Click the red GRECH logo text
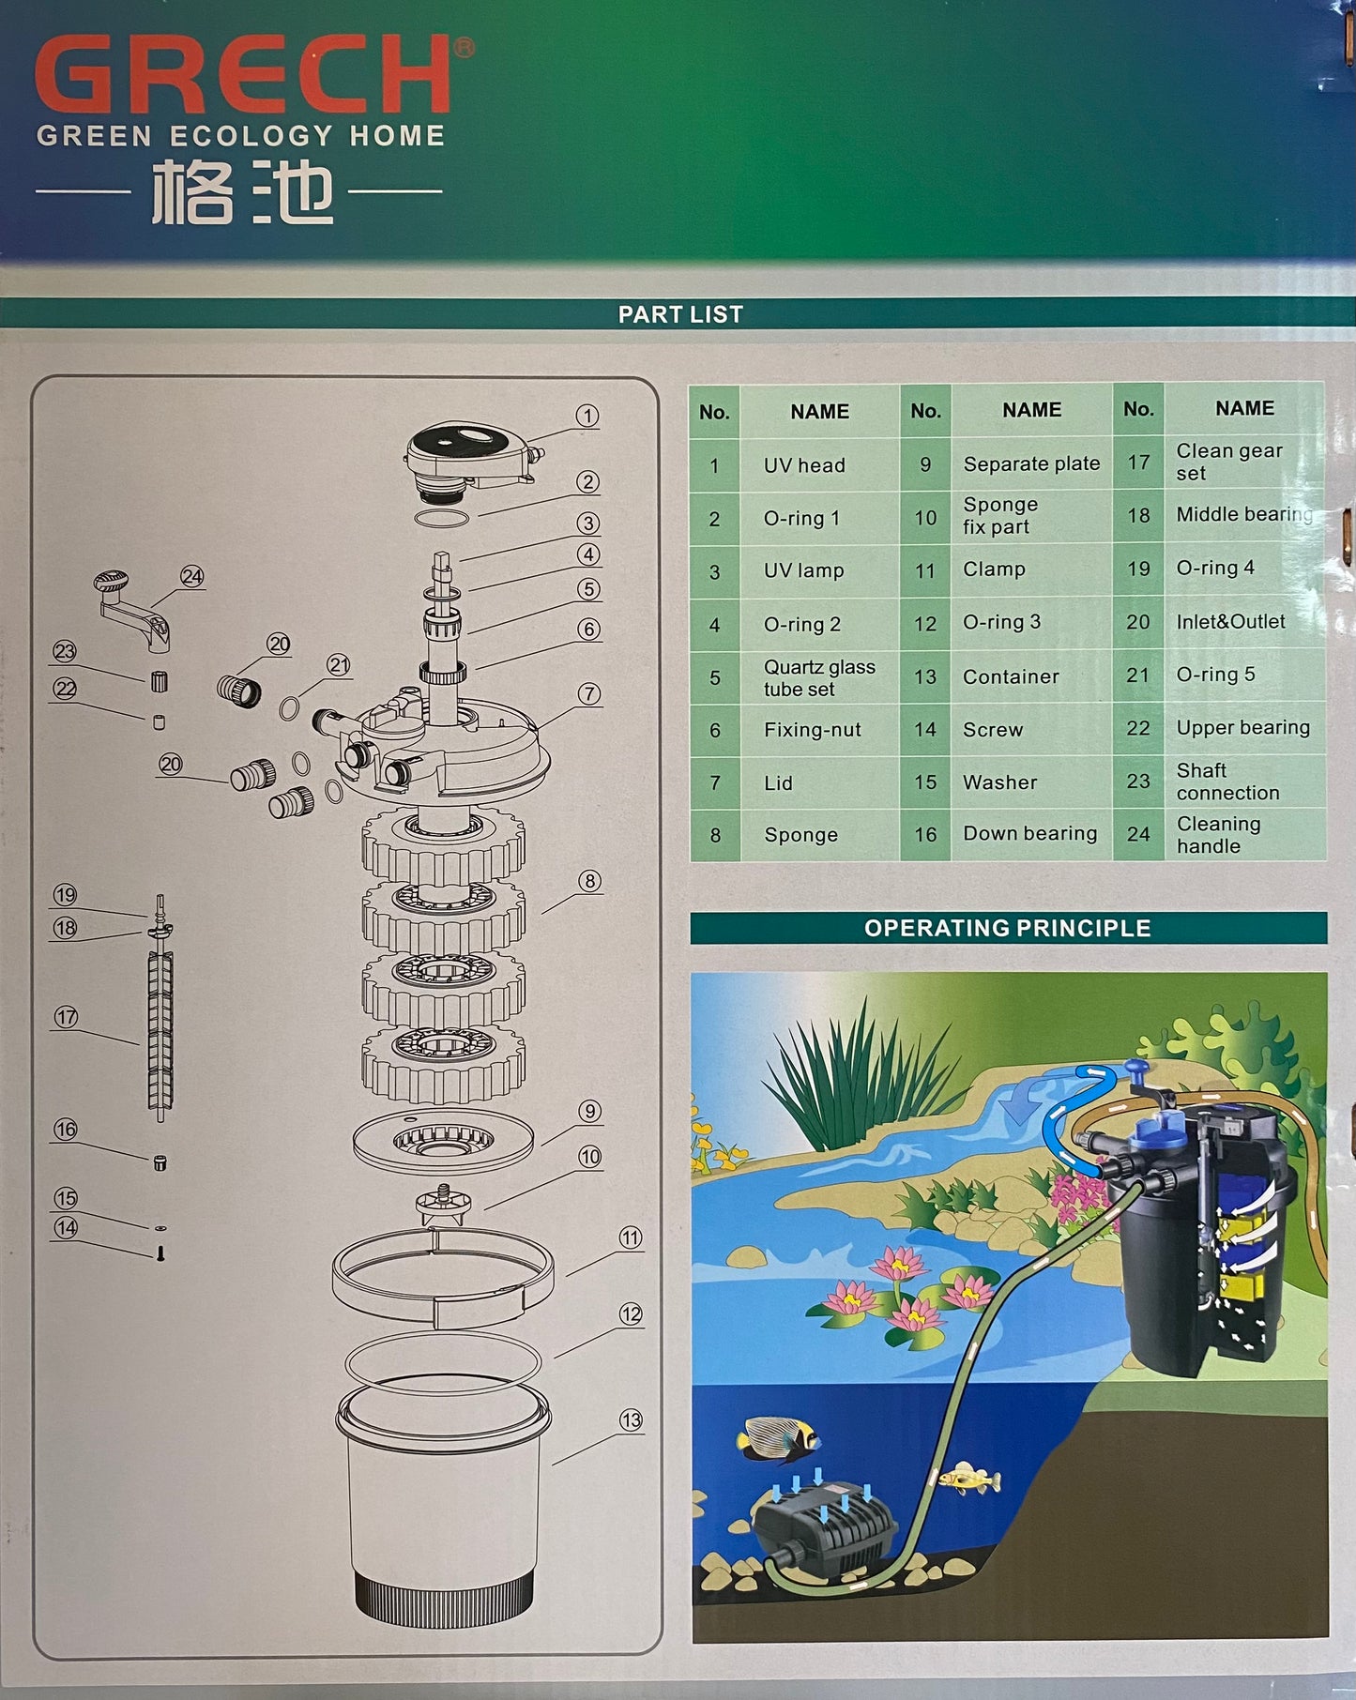tap(244, 75)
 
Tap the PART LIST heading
tap(680, 314)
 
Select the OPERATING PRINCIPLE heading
tap(1008, 928)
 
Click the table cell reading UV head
tap(804, 465)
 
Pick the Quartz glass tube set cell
tap(819, 677)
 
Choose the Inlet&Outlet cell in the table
tap(1230, 621)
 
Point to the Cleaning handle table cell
tap(1218, 834)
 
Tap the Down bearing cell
tap(1029, 833)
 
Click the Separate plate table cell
tap(1031, 463)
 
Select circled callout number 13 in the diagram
tap(631, 1420)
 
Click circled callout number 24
tap(191, 576)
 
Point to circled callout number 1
tap(587, 416)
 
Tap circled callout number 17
tap(66, 1017)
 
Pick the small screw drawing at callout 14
tap(160, 1253)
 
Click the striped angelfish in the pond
tap(778, 1438)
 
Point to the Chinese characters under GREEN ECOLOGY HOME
tap(242, 190)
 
